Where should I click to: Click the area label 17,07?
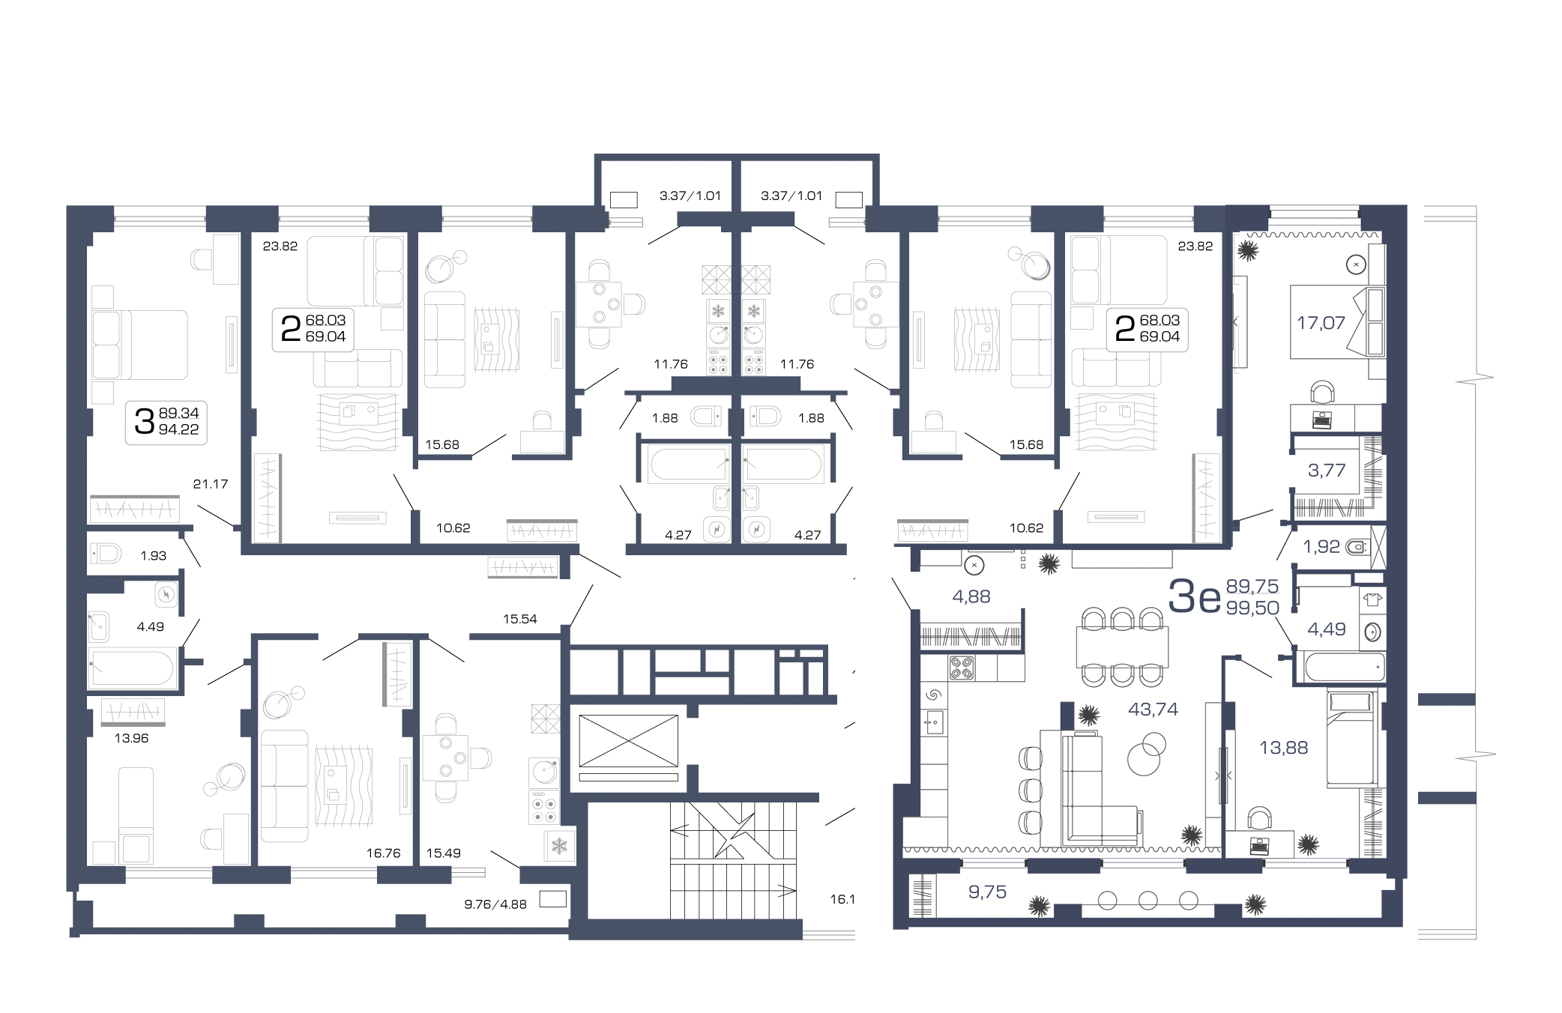point(1321,323)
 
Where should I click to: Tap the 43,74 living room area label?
point(1153,709)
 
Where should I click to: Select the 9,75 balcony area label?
point(987,892)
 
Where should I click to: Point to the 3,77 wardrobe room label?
point(1327,471)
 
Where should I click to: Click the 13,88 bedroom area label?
point(1283,747)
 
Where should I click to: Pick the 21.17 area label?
point(211,484)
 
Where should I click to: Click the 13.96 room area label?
point(131,738)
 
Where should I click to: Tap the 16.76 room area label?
point(383,853)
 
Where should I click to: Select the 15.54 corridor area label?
point(520,619)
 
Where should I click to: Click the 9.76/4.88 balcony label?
point(495,904)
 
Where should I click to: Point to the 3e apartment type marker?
point(1195,597)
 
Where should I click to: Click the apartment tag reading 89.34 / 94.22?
point(166,422)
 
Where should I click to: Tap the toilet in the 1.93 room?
point(106,554)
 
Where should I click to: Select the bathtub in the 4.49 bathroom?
point(133,668)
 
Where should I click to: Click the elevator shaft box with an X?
point(628,741)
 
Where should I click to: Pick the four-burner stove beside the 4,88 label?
point(962,668)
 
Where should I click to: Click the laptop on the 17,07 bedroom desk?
point(1322,420)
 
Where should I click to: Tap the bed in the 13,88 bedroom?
point(1351,738)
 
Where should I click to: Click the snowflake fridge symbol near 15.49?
point(559,846)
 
